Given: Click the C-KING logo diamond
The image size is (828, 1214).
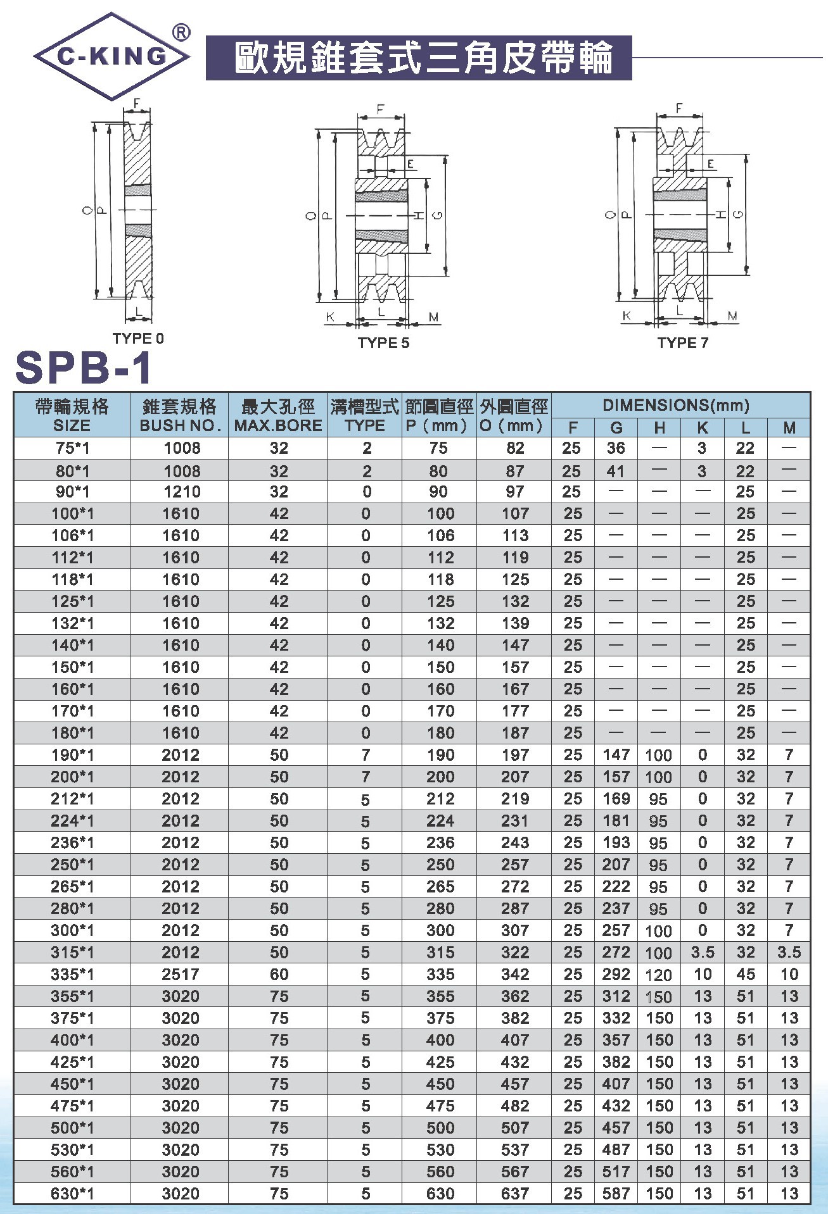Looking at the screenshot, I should point(111,56).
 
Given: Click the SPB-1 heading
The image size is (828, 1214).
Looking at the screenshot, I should point(84,368).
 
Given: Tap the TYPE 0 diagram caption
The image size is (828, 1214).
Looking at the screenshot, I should point(138,339).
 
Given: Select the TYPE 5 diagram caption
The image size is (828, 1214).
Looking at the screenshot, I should point(383,343).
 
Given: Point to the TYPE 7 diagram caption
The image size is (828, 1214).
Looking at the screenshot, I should point(682,343).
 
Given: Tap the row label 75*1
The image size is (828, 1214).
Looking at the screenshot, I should point(72,448).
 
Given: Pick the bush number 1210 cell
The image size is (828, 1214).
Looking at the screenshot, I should point(181,492).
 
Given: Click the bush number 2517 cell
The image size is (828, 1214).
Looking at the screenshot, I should point(181,974).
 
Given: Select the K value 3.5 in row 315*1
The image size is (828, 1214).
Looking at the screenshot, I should point(703,953).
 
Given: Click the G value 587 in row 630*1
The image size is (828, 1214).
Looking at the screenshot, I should point(616,1194).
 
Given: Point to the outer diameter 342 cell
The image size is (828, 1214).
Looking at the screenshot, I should point(515,974).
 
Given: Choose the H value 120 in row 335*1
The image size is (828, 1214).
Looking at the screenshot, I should point(659,975).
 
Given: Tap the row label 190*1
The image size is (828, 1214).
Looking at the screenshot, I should point(72,755).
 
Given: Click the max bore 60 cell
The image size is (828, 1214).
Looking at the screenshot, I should point(279,974).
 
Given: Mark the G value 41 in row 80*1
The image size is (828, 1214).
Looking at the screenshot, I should point(615,472).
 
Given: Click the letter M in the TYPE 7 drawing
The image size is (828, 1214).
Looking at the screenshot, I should point(732,316).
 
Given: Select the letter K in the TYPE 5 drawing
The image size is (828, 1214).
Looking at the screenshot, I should point(330,316).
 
